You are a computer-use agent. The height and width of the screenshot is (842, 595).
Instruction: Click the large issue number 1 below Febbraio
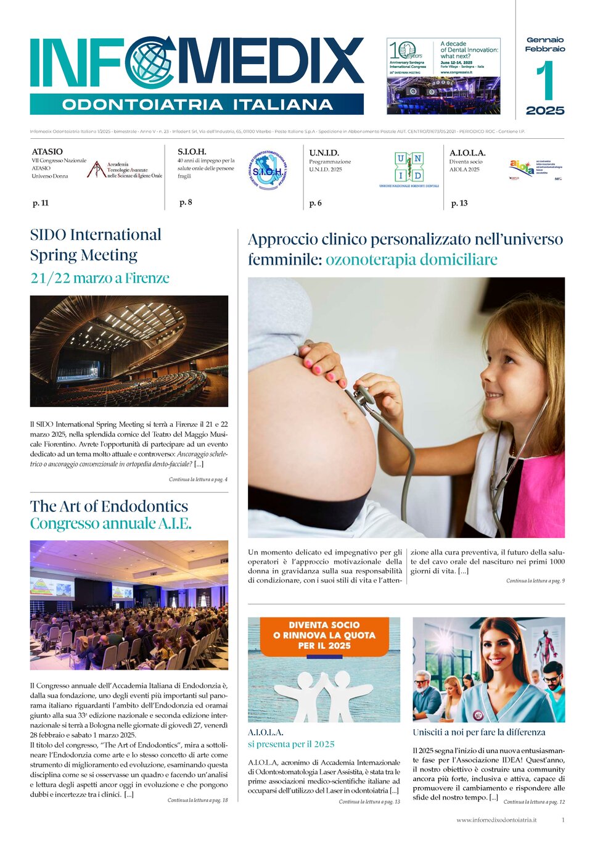click(x=545, y=81)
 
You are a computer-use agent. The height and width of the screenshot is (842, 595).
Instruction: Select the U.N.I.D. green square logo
click(x=409, y=167)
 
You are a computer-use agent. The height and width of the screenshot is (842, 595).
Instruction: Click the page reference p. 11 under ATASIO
click(x=41, y=203)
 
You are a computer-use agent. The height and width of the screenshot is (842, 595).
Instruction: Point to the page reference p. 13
click(x=459, y=203)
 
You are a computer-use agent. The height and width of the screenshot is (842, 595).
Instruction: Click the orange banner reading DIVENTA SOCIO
click(x=324, y=635)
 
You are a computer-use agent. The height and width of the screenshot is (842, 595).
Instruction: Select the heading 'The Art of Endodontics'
click(x=109, y=506)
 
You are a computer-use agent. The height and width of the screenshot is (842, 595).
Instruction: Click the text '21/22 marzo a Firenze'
click(x=100, y=278)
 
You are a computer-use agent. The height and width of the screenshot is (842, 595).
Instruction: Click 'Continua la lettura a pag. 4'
click(x=198, y=479)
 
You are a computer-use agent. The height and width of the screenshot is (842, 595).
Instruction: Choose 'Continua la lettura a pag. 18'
click(x=197, y=800)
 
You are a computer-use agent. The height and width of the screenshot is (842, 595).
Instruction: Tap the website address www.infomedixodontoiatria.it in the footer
click(x=496, y=820)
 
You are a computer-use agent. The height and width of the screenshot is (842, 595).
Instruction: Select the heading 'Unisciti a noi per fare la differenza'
click(x=479, y=732)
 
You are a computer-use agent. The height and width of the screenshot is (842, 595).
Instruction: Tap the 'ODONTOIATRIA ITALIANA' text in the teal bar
click(x=197, y=104)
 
